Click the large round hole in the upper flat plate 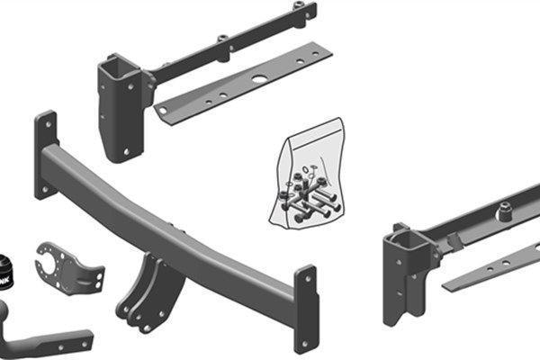coord(258,79)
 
